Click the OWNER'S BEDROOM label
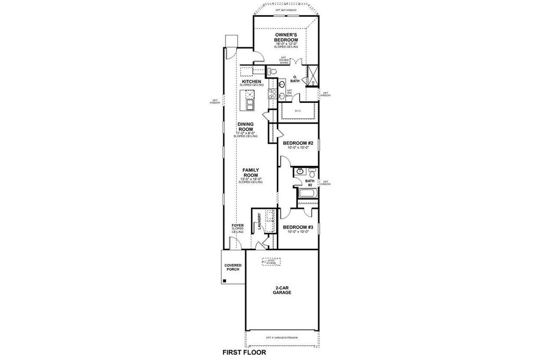(x=286, y=37)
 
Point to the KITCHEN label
(x=251, y=81)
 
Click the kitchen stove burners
(x=273, y=94)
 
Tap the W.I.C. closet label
(x=298, y=110)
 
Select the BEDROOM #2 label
(x=298, y=143)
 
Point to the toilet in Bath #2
(x=312, y=174)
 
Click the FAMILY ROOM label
(x=250, y=173)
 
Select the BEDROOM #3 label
(x=298, y=228)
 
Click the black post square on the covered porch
(x=225, y=281)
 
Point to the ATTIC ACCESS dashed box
(x=272, y=261)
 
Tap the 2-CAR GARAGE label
(x=283, y=290)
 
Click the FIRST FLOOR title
(x=244, y=352)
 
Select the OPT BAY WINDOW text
(x=286, y=10)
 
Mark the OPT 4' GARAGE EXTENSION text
(x=282, y=337)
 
